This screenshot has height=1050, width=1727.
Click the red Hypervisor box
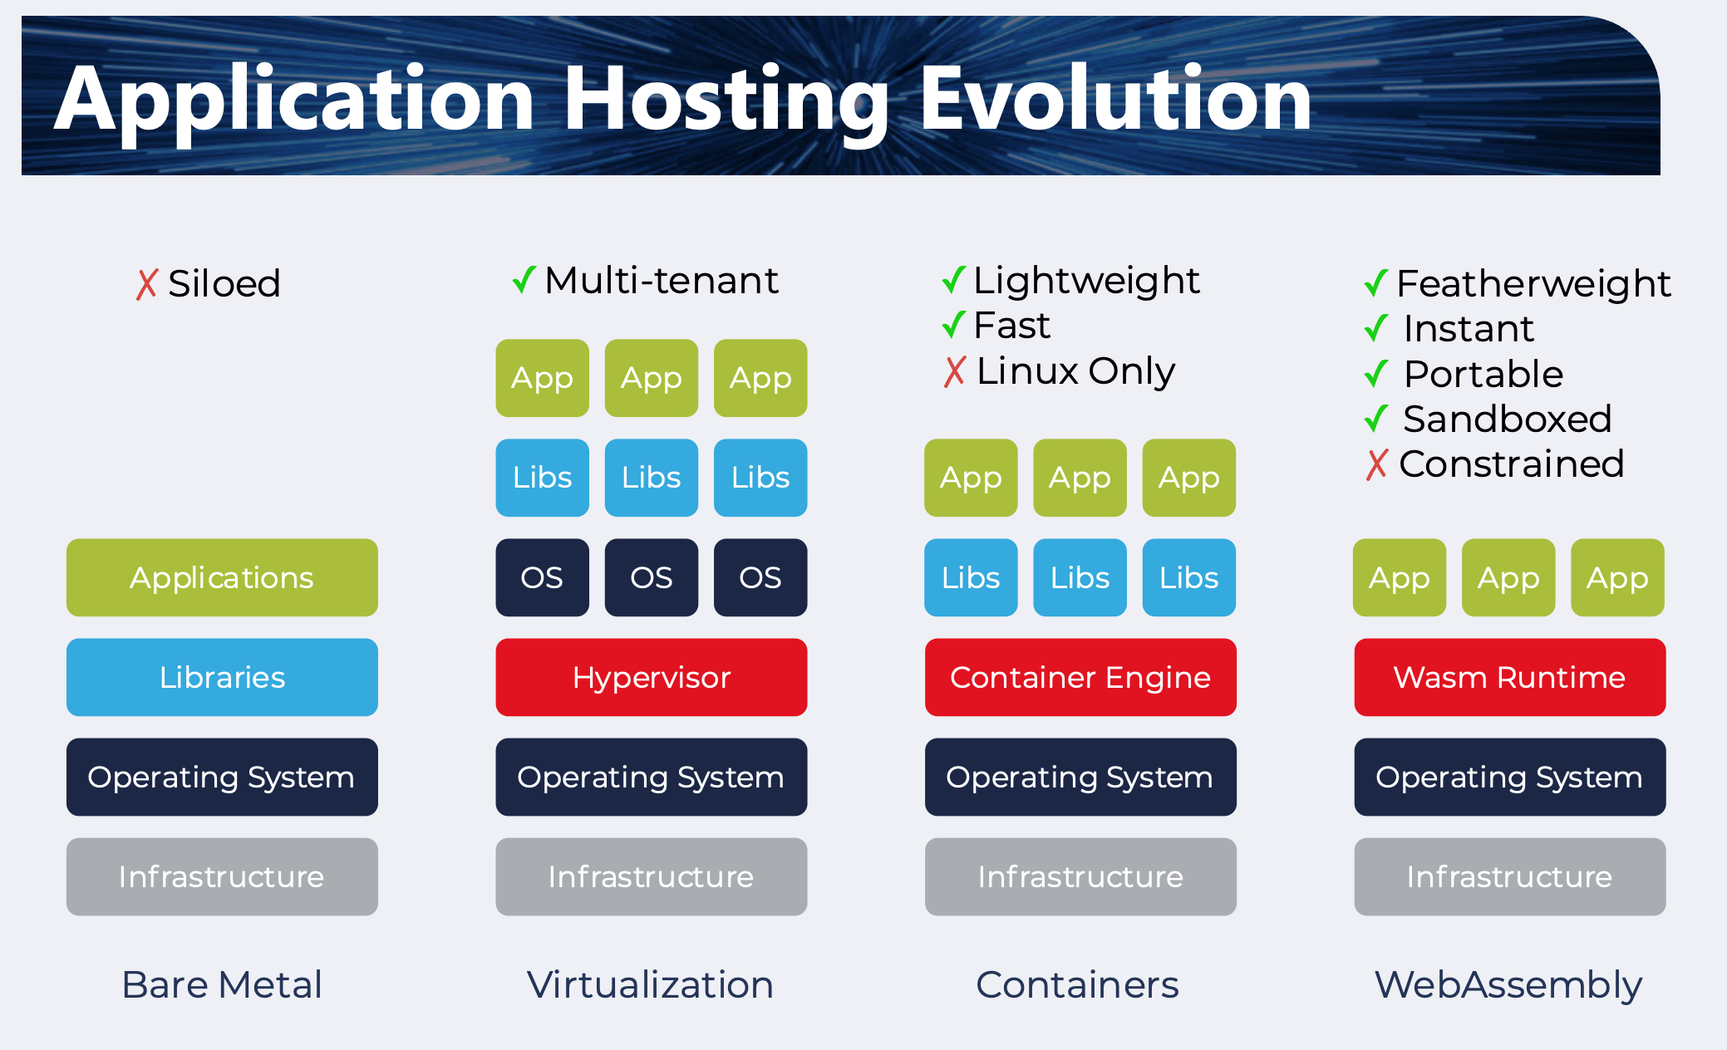[x=651, y=677]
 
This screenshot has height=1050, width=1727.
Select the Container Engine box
[x=1080, y=677]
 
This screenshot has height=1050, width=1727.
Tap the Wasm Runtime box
[x=1509, y=677]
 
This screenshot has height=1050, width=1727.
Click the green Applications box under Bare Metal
[x=222, y=577]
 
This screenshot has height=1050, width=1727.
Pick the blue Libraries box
[x=222, y=677]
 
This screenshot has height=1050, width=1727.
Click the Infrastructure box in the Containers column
[x=1080, y=876]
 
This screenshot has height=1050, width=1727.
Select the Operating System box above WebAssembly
[x=1509, y=777]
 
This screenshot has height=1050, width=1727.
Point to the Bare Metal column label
[x=222, y=985]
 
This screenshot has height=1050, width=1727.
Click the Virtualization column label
[x=650, y=985]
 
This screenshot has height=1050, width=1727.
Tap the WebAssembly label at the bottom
[x=1508, y=985]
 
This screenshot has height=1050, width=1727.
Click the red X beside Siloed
[x=147, y=284]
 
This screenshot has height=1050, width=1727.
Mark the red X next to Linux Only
[x=955, y=371]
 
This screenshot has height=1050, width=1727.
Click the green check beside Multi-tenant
[x=524, y=280]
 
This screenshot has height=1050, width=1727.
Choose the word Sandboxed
[x=1507, y=419]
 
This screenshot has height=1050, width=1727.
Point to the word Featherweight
[x=1533, y=284]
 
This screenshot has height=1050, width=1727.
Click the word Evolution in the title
[x=1115, y=100]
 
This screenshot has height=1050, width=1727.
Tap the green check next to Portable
[x=1376, y=374]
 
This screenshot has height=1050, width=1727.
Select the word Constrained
[x=1511, y=464]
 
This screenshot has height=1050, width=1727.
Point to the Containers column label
[x=1077, y=985]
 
